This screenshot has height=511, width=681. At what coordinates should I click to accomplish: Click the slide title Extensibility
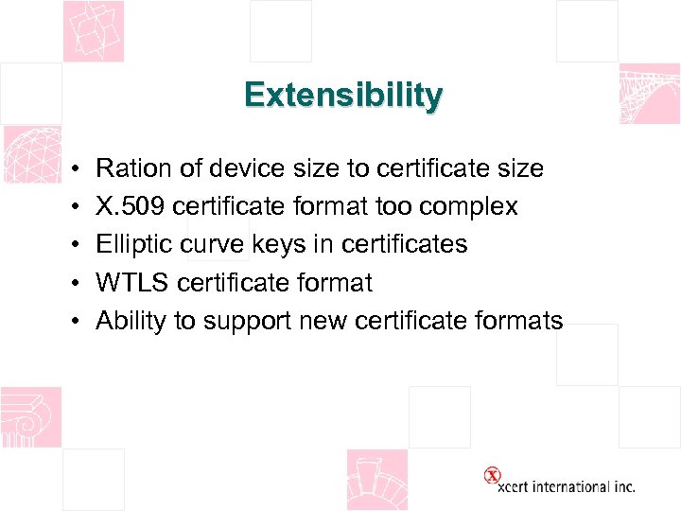click(342, 96)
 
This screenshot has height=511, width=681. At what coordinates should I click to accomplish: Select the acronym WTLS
click(132, 283)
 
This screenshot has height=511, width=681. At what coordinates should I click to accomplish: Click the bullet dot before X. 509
click(73, 207)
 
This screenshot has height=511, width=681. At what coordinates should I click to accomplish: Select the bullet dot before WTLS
click(73, 283)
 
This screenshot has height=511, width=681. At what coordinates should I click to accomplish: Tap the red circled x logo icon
click(492, 476)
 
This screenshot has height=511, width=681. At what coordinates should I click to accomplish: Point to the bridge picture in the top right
click(649, 95)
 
